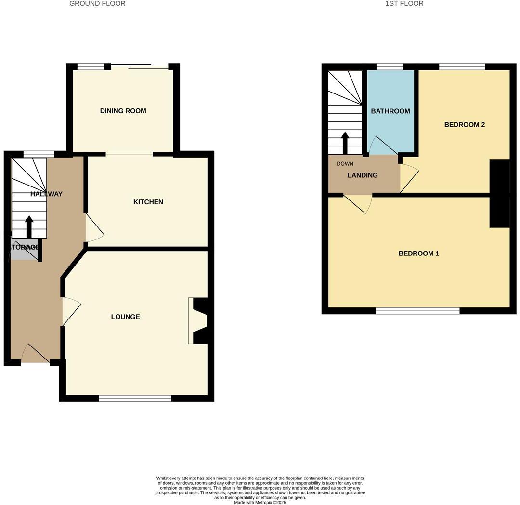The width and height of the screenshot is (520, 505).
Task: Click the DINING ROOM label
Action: coord(123,111)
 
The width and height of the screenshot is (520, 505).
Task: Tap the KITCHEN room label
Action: coord(148,202)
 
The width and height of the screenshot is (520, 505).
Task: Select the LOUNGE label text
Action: coord(125,317)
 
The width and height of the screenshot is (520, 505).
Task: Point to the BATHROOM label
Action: coord(390,111)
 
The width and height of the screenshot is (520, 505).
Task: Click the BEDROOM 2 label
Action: coord(464,124)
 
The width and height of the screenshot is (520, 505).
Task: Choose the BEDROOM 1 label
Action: coord(418,253)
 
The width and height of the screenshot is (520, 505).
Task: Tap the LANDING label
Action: coord(362,175)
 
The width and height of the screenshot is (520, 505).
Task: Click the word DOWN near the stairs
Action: coord(345,164)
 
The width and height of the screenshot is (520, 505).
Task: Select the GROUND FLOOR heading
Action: coord(97,4)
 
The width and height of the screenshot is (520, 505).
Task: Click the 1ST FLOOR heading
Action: coord(404,4)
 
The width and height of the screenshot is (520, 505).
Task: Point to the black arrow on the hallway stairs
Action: coord(29,226)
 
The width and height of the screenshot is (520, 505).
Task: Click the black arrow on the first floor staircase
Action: coord(345,143)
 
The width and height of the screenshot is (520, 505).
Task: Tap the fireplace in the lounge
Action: coord(198,321)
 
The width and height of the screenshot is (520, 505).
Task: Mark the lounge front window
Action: coord(135,398)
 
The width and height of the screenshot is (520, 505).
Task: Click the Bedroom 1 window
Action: coord(417,311)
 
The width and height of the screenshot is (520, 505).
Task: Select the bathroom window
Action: coord(390,67)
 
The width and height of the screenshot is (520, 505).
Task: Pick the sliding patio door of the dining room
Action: coord(139,67)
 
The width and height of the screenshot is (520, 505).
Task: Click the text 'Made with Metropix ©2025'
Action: coord(260,503)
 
